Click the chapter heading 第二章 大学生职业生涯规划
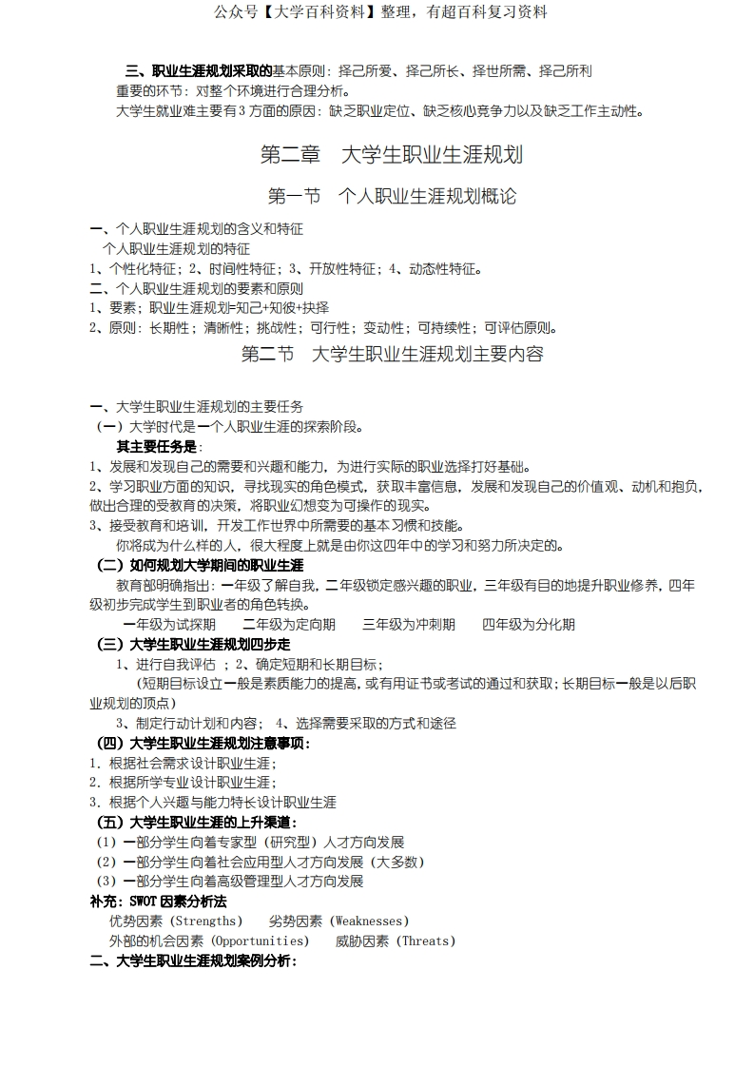pos(392,155)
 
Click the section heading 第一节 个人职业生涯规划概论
pos(392,197)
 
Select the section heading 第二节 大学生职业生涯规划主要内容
pos(392,355)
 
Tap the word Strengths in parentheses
pos(205,921)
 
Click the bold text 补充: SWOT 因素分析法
pos(158,901)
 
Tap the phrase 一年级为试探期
pos(170,624)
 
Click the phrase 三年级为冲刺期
pos(409,624)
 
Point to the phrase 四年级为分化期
pos(529,624)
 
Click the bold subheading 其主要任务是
pos(158,446)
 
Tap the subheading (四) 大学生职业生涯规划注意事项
pos(203,743)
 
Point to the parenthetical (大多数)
pos(395,862)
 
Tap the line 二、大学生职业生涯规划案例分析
pos(193,960)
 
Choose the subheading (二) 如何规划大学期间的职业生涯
pos(200,565)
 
